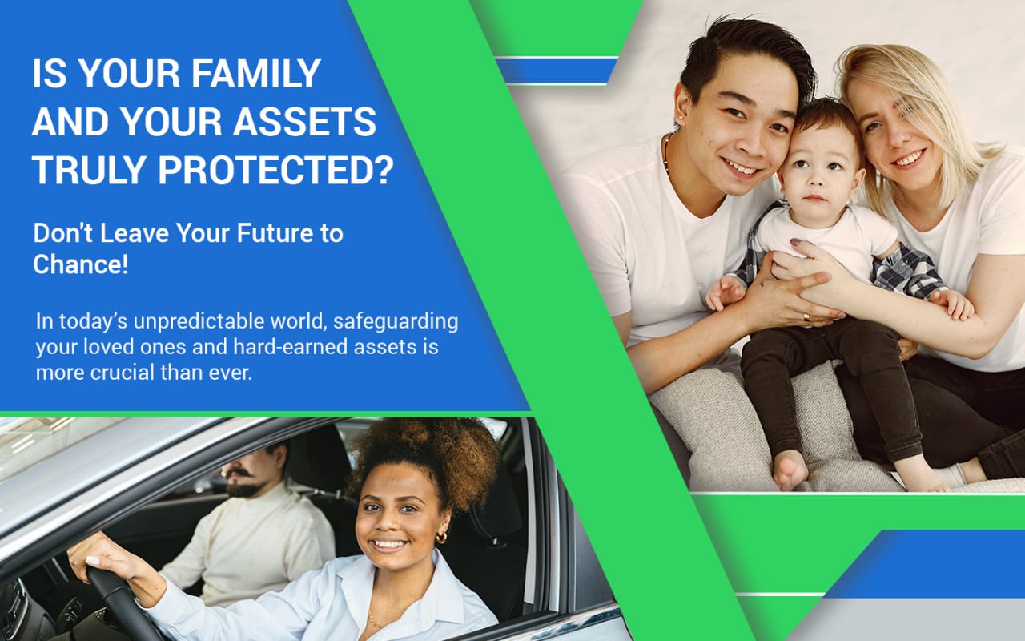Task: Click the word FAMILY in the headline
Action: tap(255, 73)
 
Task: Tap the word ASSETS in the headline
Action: tap(305, 122)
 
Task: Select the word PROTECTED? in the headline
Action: tap(275, 170)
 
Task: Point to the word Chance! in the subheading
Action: tap(81, 264)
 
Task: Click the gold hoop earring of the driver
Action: tap(441, 537)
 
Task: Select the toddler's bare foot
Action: tap(790, 470)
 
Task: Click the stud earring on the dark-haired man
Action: tap(682, 117)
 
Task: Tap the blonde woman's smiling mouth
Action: tap(909, 159)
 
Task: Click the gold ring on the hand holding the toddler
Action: tap(806, 316)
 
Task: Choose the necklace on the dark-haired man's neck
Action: tap(667, 155)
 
